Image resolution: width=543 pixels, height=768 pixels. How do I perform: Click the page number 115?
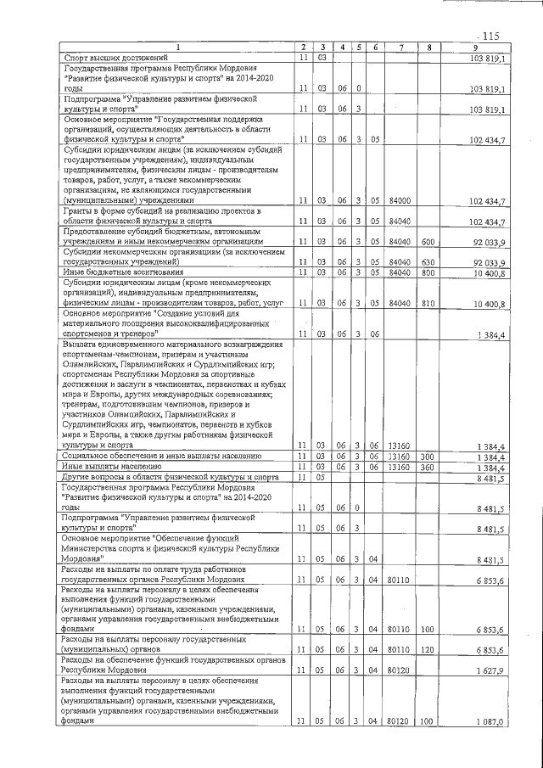click(490, 36)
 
